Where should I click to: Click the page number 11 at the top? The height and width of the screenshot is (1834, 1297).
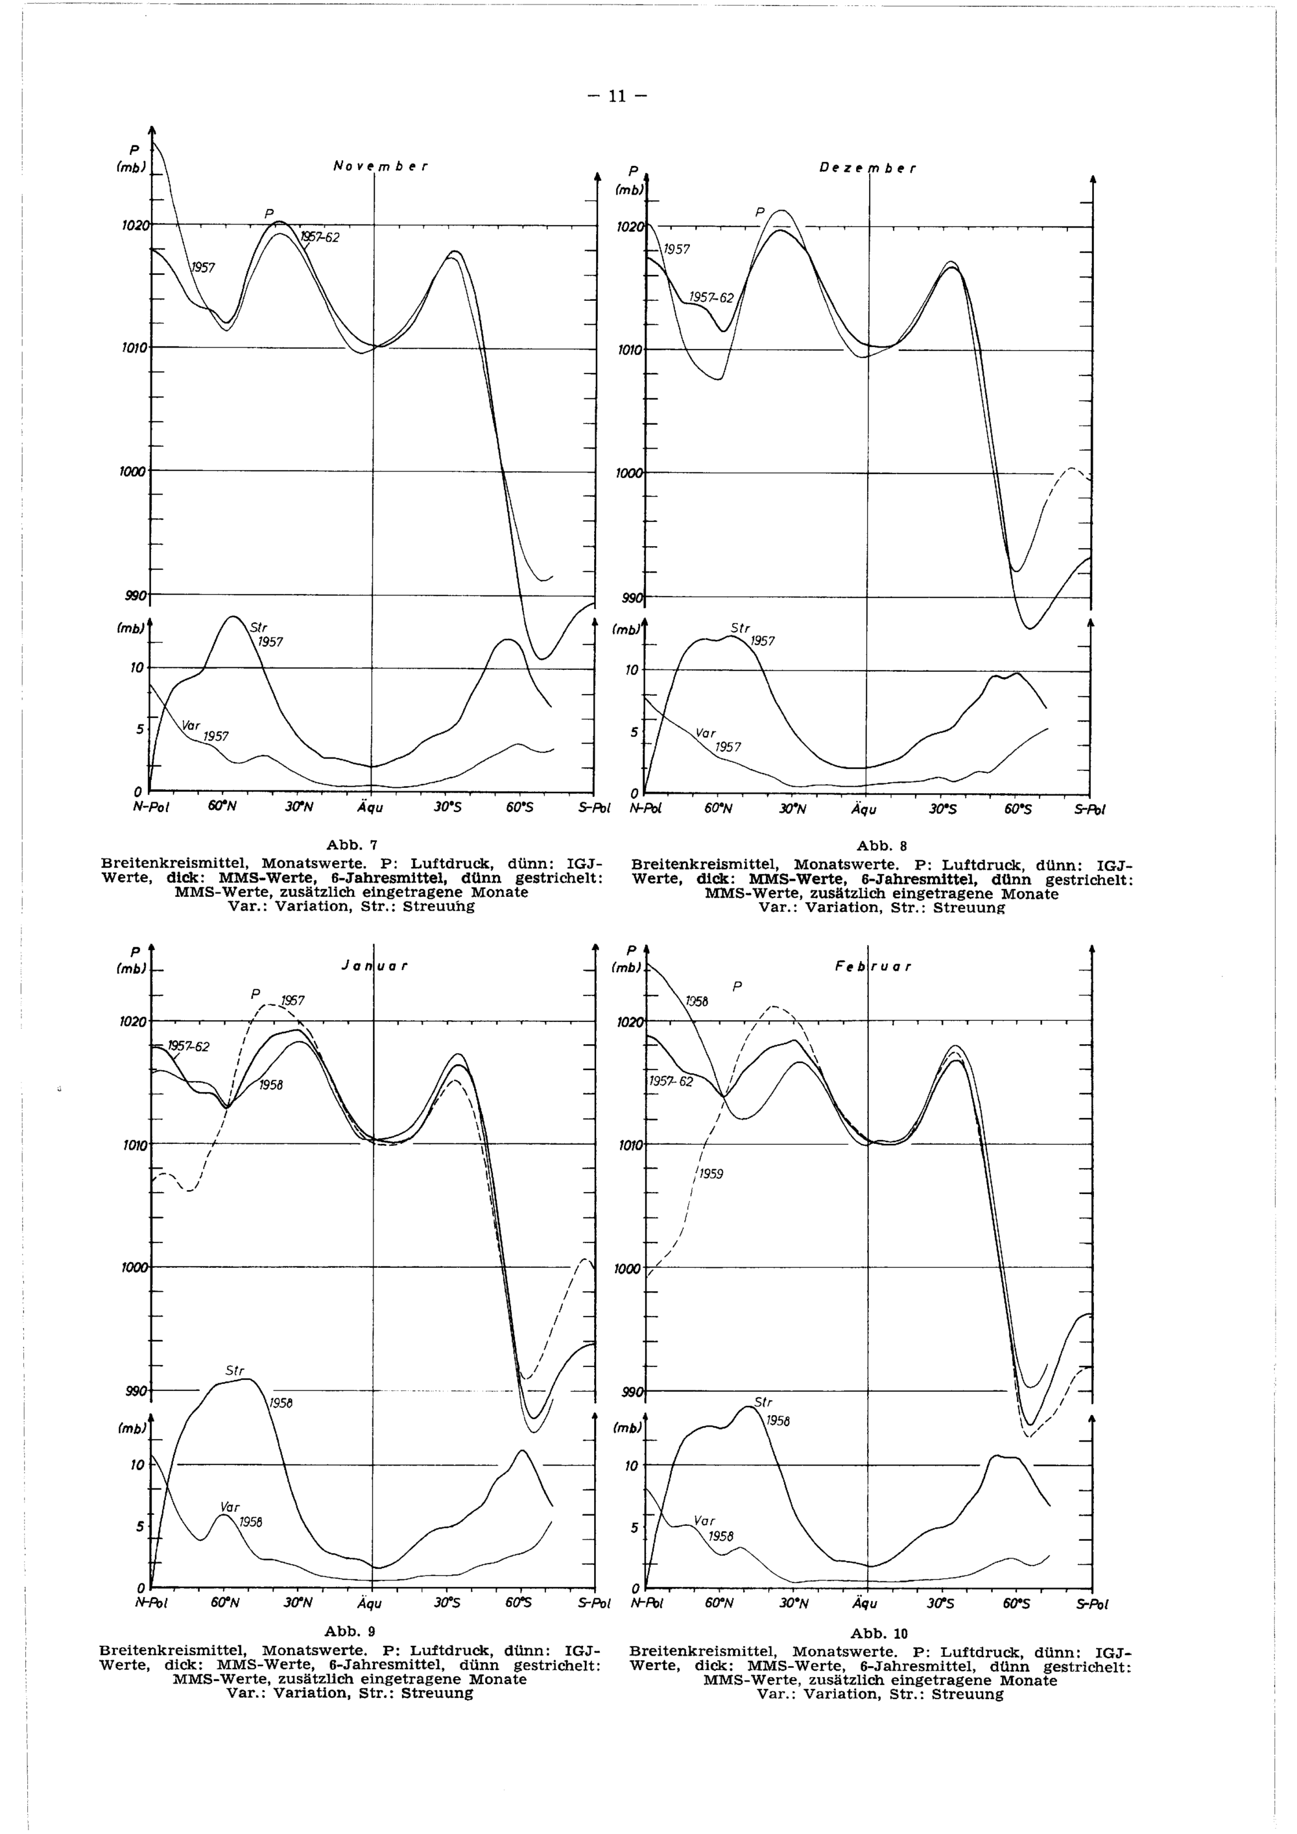point(616,97)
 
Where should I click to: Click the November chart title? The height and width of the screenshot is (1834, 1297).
point(380,167)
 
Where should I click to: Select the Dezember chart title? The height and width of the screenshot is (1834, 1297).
point(867,169)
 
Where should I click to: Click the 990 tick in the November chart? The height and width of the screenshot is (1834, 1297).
point(134,595)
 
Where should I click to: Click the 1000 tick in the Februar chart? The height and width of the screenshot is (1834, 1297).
point(628,1268)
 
